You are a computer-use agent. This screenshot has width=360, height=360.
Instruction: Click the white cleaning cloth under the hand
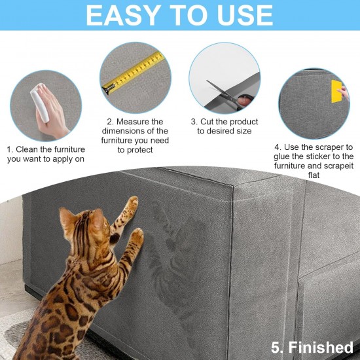coord(39,102)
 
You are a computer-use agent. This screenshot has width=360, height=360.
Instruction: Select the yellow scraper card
coord(336,91)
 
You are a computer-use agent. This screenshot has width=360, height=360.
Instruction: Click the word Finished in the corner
coord(321,348)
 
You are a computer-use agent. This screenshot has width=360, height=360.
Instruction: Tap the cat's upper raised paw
coord(133,202)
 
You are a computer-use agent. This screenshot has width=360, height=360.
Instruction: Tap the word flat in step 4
coord(314,175)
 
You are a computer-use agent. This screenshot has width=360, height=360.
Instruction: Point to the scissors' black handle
coord(245,101)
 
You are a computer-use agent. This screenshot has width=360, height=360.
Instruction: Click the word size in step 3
coord(244,131)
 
